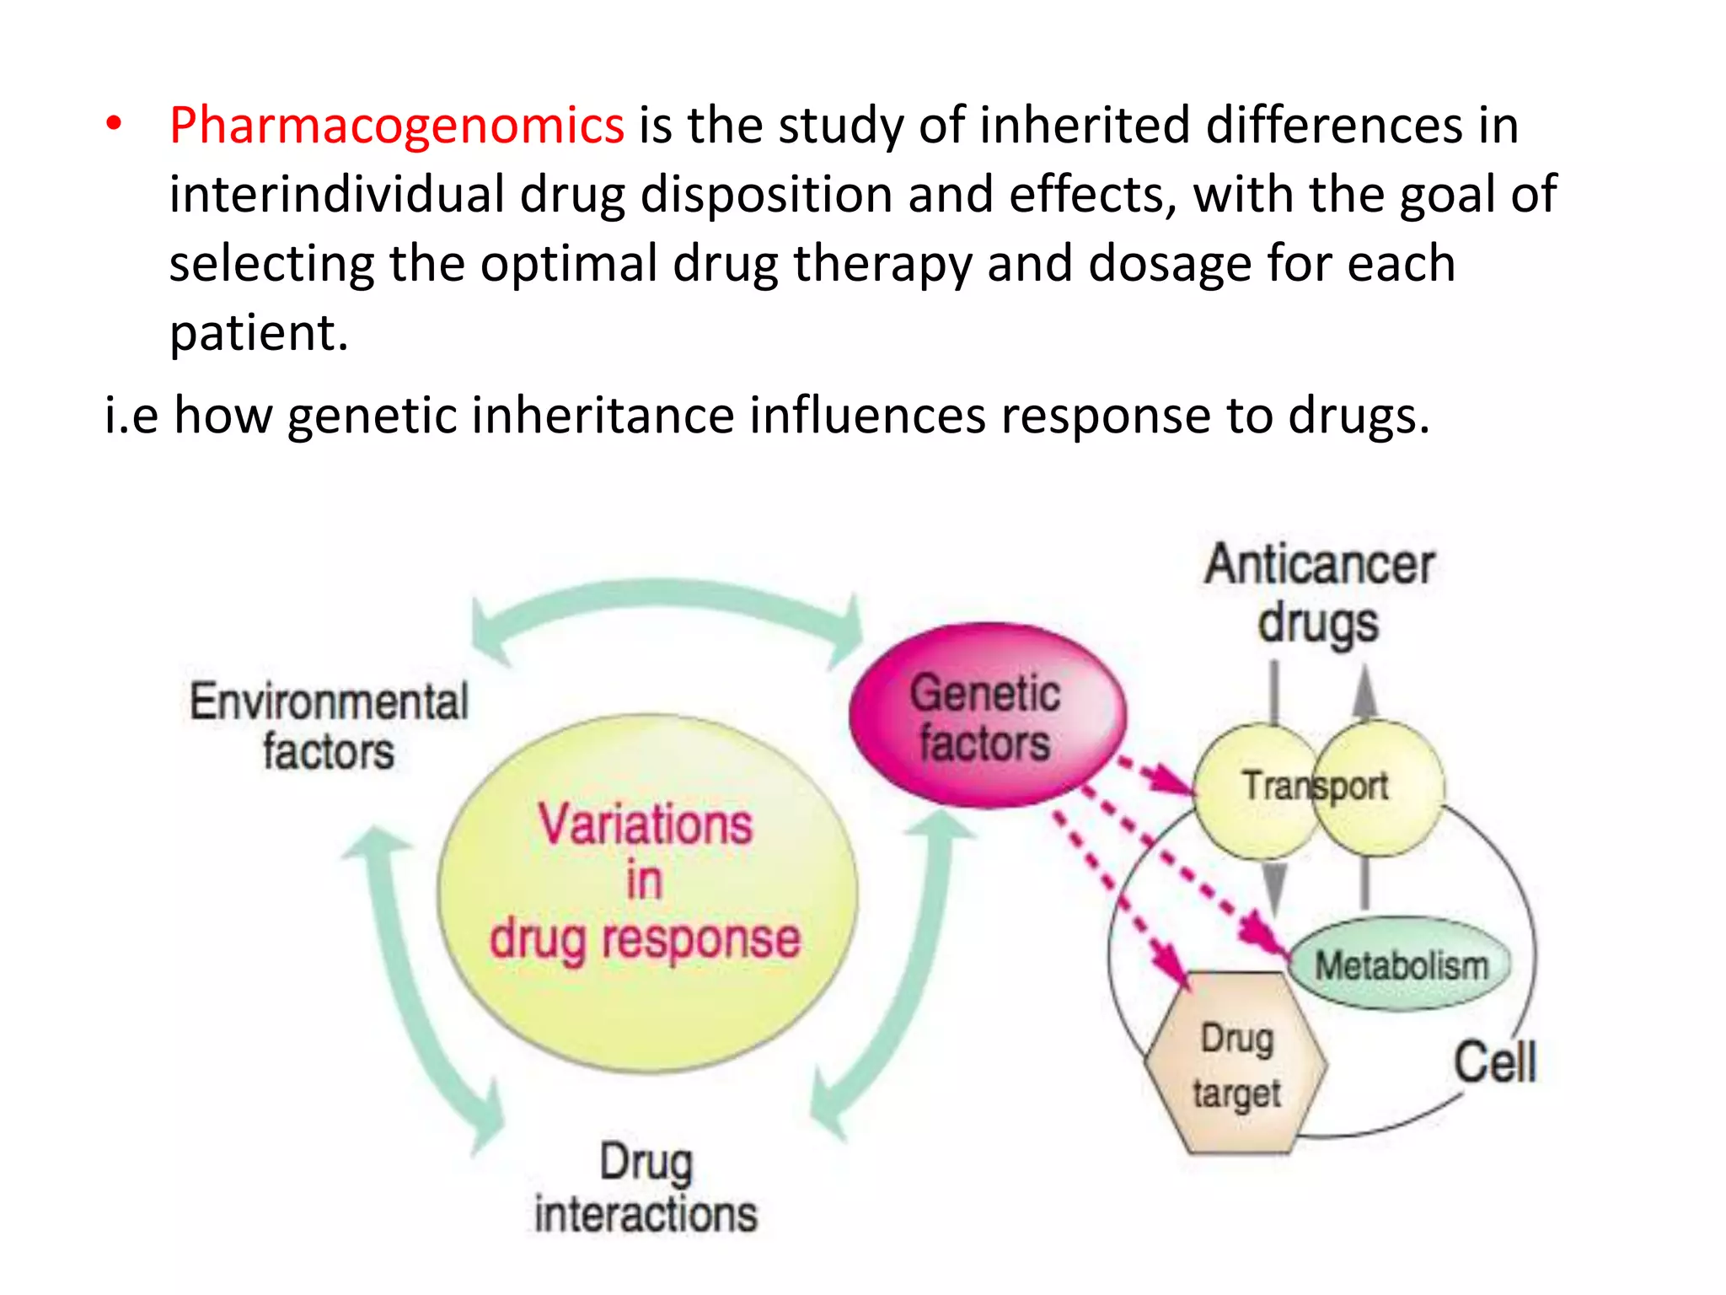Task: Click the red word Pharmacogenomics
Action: coord(396,126)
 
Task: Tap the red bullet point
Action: coord(114,125)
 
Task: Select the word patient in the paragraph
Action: coord(258,333)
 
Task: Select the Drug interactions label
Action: coord(646,1189)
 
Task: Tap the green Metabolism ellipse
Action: coord(1401,965)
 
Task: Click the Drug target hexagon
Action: coord(1236,1065)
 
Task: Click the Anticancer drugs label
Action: coord(1319,593)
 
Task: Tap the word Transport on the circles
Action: coord(1315,786)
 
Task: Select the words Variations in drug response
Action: coord(646,882)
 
